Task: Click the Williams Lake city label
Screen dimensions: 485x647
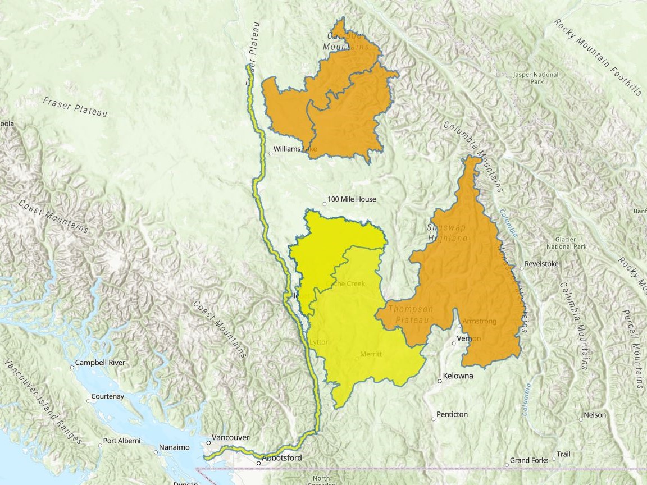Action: point(295,149)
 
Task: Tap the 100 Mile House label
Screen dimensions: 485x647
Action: point(352,199)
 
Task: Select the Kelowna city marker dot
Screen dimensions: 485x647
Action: point(440,381)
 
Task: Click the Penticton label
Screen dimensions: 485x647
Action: point(452,414)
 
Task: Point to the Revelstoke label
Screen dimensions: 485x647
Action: point(541,263)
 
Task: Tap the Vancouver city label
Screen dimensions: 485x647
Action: point(231,437)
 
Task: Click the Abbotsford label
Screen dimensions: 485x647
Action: point(283,458)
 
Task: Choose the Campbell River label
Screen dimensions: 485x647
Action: point(101,363)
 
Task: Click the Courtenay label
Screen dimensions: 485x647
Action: point(108,396)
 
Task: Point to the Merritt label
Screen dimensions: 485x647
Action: point(371,354)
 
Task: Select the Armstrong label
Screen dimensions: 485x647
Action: point(479,321)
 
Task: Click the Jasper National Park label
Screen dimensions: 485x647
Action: point(536,78)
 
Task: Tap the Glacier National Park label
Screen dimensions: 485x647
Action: point(567,242)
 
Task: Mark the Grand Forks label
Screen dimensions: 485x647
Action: point(529,460)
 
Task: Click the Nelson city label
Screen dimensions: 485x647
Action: point(595,415)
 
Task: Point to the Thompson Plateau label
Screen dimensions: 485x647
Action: point(411,314)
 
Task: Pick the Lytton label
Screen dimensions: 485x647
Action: point(320,342)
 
